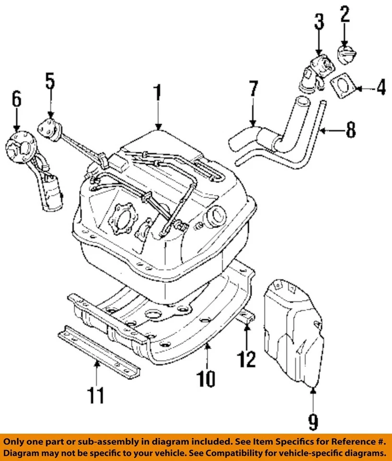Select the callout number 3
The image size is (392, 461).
coord(319,22)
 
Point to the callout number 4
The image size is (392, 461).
coord(381,88)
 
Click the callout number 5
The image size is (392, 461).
coord(50,82)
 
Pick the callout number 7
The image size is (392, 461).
coord(253,90)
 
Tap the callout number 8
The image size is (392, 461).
coord(351,130)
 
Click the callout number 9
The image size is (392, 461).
coord(312,422)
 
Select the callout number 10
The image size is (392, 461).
coord(208,379)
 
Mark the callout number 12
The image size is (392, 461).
coord(247,358)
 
